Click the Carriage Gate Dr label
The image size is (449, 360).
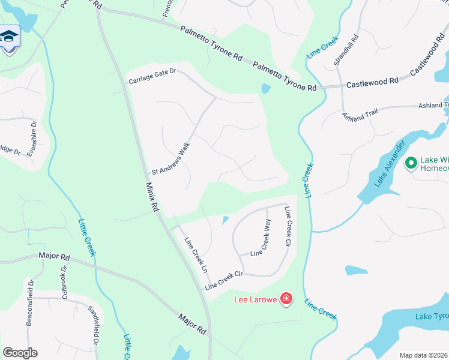point(152,76)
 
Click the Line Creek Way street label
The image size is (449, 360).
point(261,238)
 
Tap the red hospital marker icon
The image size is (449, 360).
point(286,298)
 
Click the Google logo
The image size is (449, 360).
point(20,352)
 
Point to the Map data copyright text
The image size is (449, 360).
point(423,355)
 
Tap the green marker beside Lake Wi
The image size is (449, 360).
point(411,163)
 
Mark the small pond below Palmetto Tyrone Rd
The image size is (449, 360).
point(266,89)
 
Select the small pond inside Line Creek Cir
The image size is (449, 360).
point(225,221)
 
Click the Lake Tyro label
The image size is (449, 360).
point(432,317)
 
